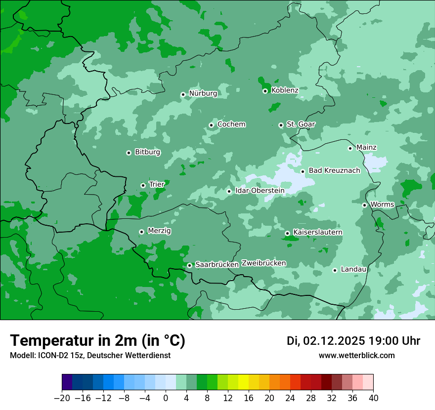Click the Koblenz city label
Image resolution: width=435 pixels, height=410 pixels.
(285, 90)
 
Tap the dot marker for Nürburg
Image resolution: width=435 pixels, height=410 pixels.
(183, 94)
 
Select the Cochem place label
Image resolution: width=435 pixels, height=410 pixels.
(231, 124)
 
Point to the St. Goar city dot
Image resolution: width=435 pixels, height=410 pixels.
(281, 125)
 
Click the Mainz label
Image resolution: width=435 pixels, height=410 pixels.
(366, 147)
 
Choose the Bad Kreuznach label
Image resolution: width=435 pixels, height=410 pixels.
(334, 170)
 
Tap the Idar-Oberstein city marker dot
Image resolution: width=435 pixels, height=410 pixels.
(229, 191)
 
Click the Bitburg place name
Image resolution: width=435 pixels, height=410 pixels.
(147, 152)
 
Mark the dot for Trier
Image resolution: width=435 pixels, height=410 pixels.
(143, 185)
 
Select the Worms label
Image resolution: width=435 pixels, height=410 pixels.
(382, 205)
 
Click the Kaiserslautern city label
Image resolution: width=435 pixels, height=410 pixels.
(317, 232)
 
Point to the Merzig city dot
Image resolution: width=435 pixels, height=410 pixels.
(141, 231)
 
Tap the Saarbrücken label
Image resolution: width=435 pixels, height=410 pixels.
(217, 265)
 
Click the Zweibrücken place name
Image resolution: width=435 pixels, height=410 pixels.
(263, 263)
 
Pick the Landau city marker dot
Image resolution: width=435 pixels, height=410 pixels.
(335, 270)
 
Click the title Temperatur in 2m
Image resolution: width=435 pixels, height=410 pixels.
(97, 340)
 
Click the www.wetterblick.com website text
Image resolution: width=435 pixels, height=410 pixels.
(356, 356)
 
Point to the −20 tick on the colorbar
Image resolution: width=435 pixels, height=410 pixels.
(62, 398)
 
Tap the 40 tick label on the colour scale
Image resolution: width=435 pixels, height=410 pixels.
(373, 398)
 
